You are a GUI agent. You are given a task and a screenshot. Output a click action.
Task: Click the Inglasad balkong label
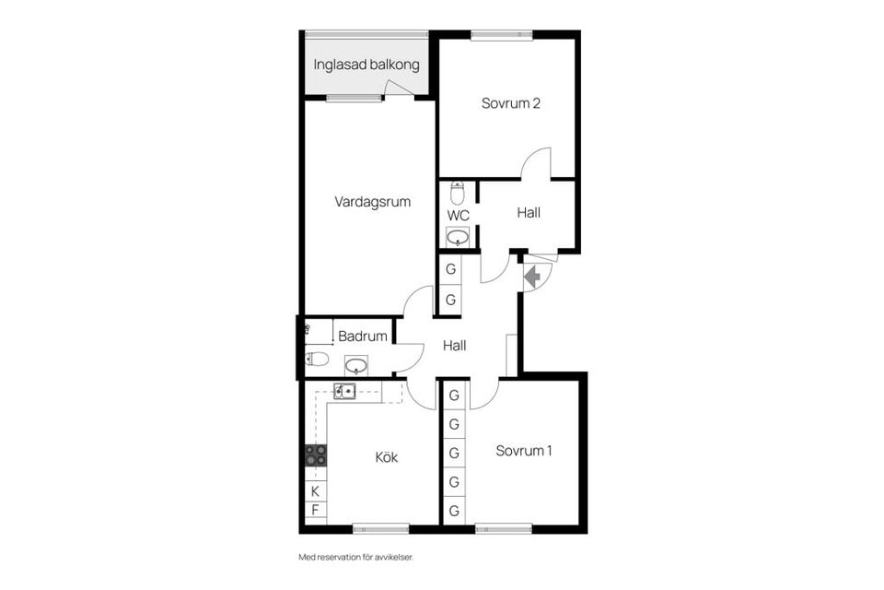pos(366,65)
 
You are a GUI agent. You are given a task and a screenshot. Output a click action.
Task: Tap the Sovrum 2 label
pos(510,103)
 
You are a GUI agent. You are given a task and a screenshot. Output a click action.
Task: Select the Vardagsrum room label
pos(372,201)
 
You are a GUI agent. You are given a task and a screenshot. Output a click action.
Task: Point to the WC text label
pos(458,216)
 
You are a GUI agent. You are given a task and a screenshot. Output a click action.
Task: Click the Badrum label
pos(362,336)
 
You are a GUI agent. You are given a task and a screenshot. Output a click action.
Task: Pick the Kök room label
pos(387,456)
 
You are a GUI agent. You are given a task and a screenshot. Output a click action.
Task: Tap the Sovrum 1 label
pos(524,451)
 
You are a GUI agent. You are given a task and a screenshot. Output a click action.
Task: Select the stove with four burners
pos(315,454)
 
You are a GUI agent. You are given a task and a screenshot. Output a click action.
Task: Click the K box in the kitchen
pos(315,490)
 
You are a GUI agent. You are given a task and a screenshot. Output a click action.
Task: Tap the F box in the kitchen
pos(315,510)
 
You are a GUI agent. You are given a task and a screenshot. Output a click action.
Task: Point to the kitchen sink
pos(344,391)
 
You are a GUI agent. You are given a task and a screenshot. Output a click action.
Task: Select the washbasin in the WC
pos(458,237)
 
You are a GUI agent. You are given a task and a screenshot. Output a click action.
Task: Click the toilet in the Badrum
pos(317,359)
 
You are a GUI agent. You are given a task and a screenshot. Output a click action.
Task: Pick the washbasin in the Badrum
pos(357,367)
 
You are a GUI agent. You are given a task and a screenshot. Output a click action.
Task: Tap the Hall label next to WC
pos(529,213)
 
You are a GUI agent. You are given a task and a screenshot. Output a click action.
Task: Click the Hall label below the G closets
pos(454,347)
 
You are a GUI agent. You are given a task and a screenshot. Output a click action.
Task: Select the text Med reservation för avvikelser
pos(363,557)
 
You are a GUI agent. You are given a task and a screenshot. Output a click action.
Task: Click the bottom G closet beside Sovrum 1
pos(454,511)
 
